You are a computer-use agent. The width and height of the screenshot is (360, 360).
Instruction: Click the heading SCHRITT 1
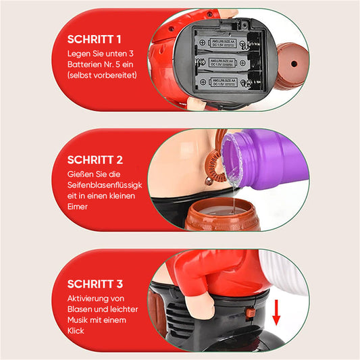click(x=94, y=39)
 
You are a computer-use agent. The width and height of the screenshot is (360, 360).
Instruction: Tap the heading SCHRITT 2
click(x=95, y=160)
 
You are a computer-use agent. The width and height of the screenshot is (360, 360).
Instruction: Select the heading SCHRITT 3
click(x=95, y=284)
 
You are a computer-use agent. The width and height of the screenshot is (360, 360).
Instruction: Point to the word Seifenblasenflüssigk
click(x=105, y=185)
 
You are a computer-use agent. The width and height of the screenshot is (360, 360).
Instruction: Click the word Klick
click(x=76, y=330)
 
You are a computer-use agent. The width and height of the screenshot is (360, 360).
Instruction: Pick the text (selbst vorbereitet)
click(x=102, y=75)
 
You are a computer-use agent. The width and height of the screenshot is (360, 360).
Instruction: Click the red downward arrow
click(x=276, y=313)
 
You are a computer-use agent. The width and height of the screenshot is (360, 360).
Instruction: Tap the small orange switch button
click(x=250, y=312)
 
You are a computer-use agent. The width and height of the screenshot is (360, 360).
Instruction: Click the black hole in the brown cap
click(x=294, y=63)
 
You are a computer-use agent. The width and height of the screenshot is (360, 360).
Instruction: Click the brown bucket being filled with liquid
click(x=222, y=214)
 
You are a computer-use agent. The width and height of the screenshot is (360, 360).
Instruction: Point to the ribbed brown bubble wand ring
click(x=213, y=166)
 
